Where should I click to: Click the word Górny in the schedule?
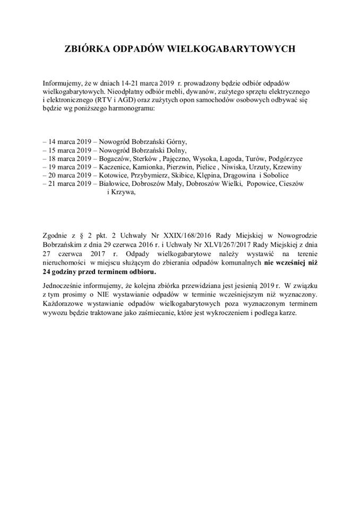tap(175, 142)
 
